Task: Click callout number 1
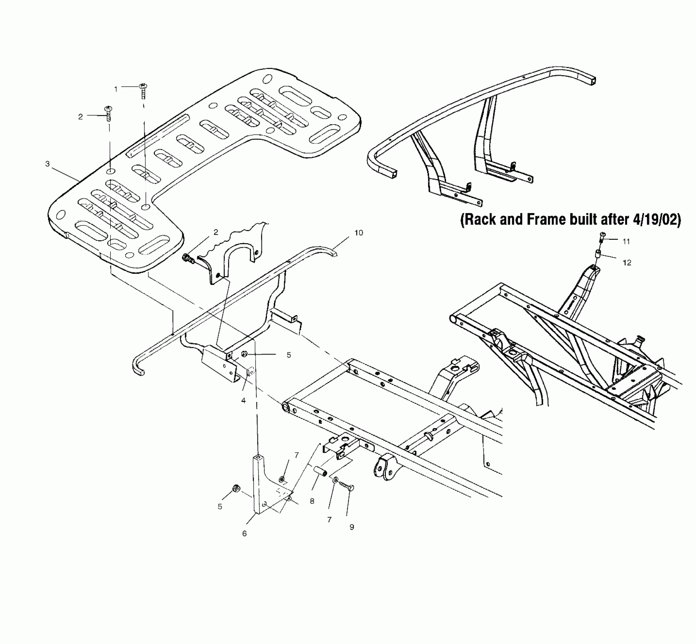pos(116,89)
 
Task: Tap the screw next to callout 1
pos(144,90)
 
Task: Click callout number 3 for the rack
pos(47,164)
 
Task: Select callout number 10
pos(358,233)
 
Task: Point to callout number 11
pos(626,241)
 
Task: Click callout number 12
pos(627,263)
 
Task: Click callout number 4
pos(243,400)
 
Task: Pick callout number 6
pos(244,533)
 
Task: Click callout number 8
pos(312,501)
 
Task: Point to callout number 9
pos(352,527)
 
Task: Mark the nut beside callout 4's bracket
pos(245,354)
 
